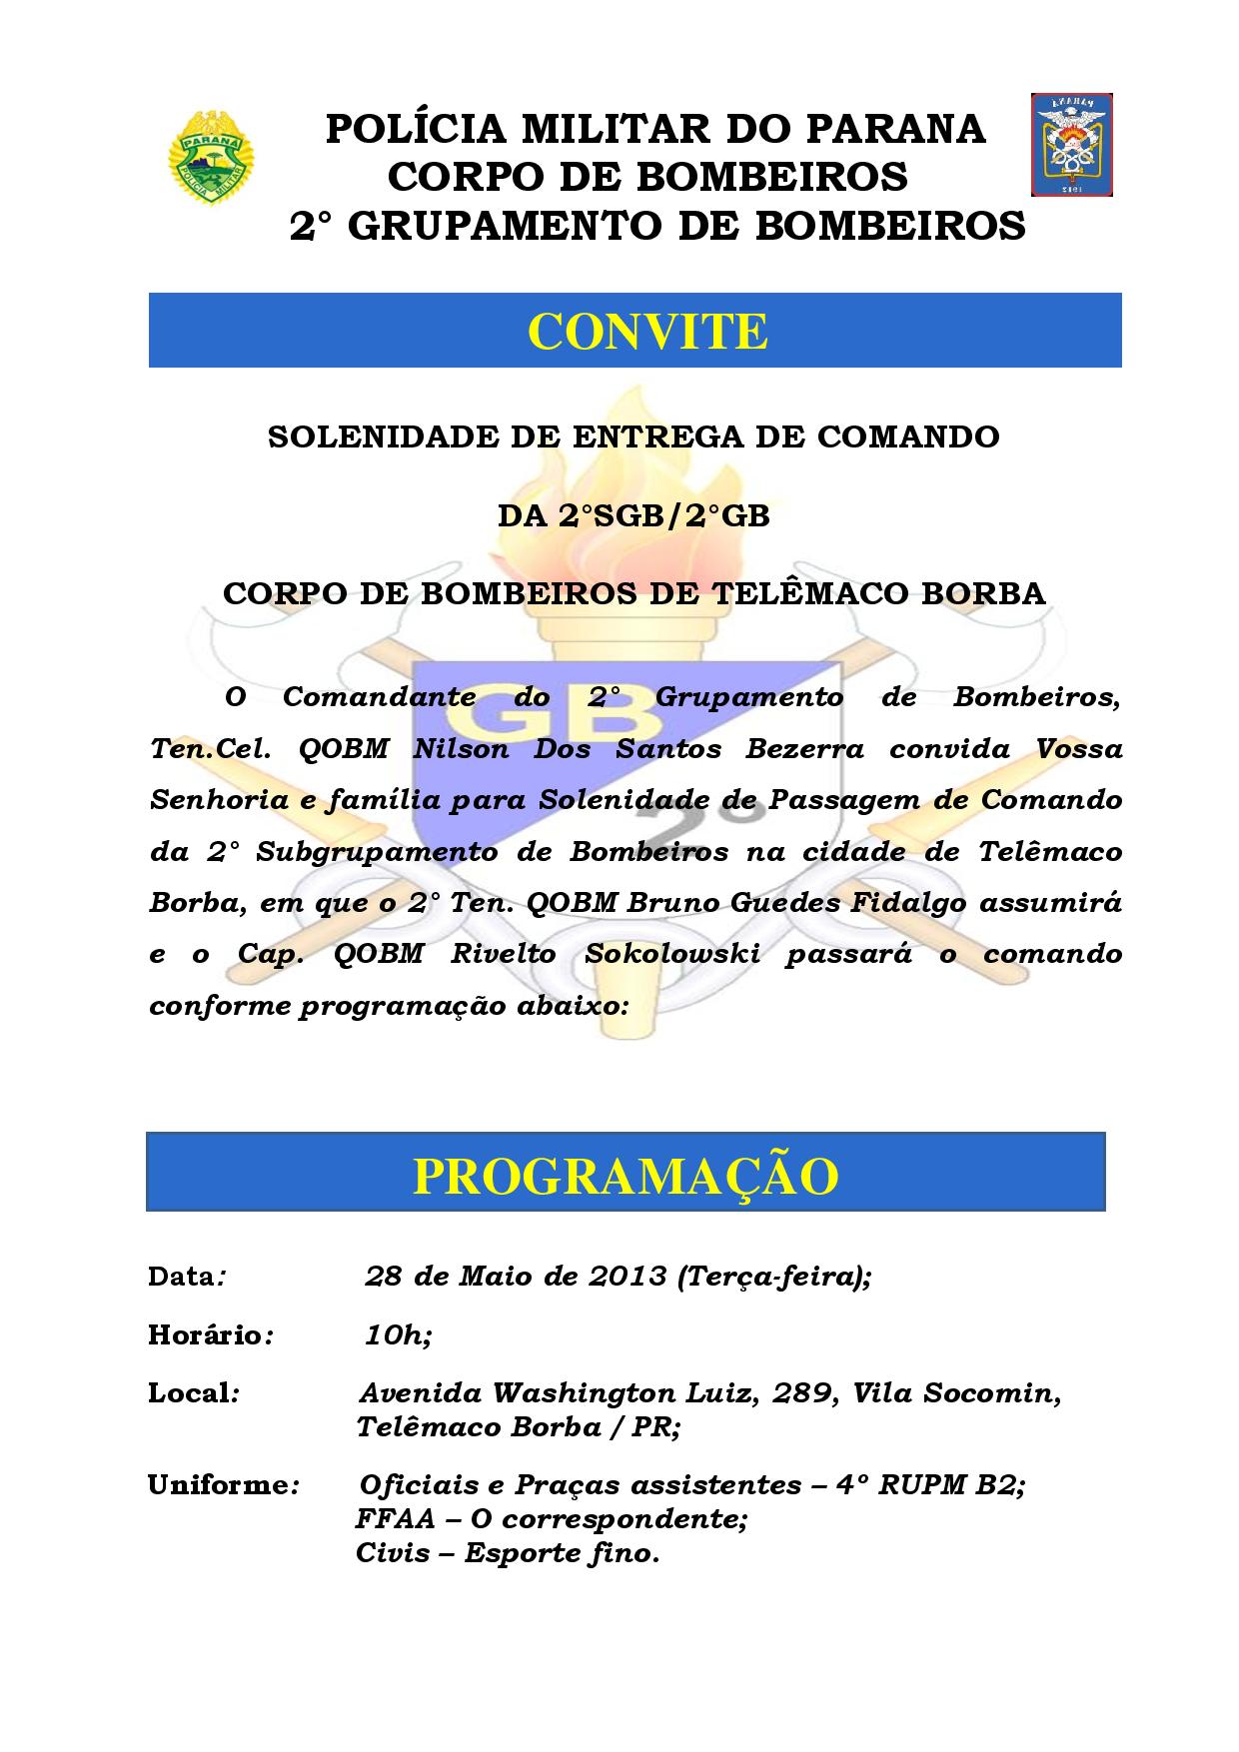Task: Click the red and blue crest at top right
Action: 1072,145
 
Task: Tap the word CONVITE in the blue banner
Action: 647,332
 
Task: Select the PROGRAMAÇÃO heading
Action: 625,1176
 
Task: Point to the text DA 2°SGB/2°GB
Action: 633,515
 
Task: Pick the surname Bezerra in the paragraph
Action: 805,749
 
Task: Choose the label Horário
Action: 206,1335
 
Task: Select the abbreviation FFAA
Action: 396,1519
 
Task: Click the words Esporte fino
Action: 561,1554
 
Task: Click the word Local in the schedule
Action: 190,1393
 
